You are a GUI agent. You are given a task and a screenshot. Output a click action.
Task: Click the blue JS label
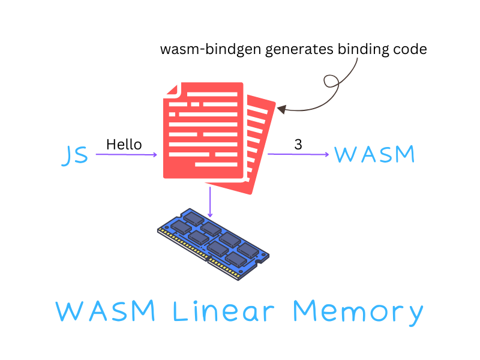pyautogui.click(x=76, y=155)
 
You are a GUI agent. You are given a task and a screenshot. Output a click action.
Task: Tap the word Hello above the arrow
pyautogui.click(x=124, y=145)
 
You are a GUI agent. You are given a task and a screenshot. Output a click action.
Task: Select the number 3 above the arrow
pyautogui.click(x=298, y=144)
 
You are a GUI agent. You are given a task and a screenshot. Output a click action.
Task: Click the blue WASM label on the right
pyautogui.click(x=374, y=155)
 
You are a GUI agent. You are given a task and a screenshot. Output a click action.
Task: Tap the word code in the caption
pyautogui.click(x=410, y=49)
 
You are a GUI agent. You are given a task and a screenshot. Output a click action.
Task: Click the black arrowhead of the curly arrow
pyautogui.click(x=281, y=109)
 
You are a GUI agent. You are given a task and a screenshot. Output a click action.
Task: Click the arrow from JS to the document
pyautogui.click(x=126, y=155)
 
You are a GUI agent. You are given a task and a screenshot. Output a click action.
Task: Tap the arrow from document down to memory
pyautogui.click(x=210, y=202)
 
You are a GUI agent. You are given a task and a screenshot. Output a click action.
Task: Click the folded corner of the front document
pyautogui.click(x=172, y=91)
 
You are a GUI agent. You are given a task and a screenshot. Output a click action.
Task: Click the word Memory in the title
pyautogui.click(x=358, y=312)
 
